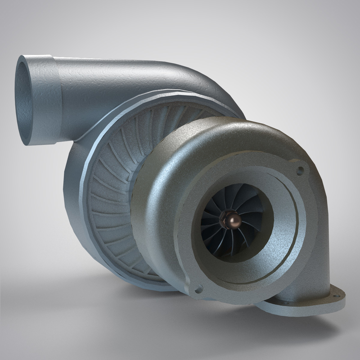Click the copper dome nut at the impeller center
234,219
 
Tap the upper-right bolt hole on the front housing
300,171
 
